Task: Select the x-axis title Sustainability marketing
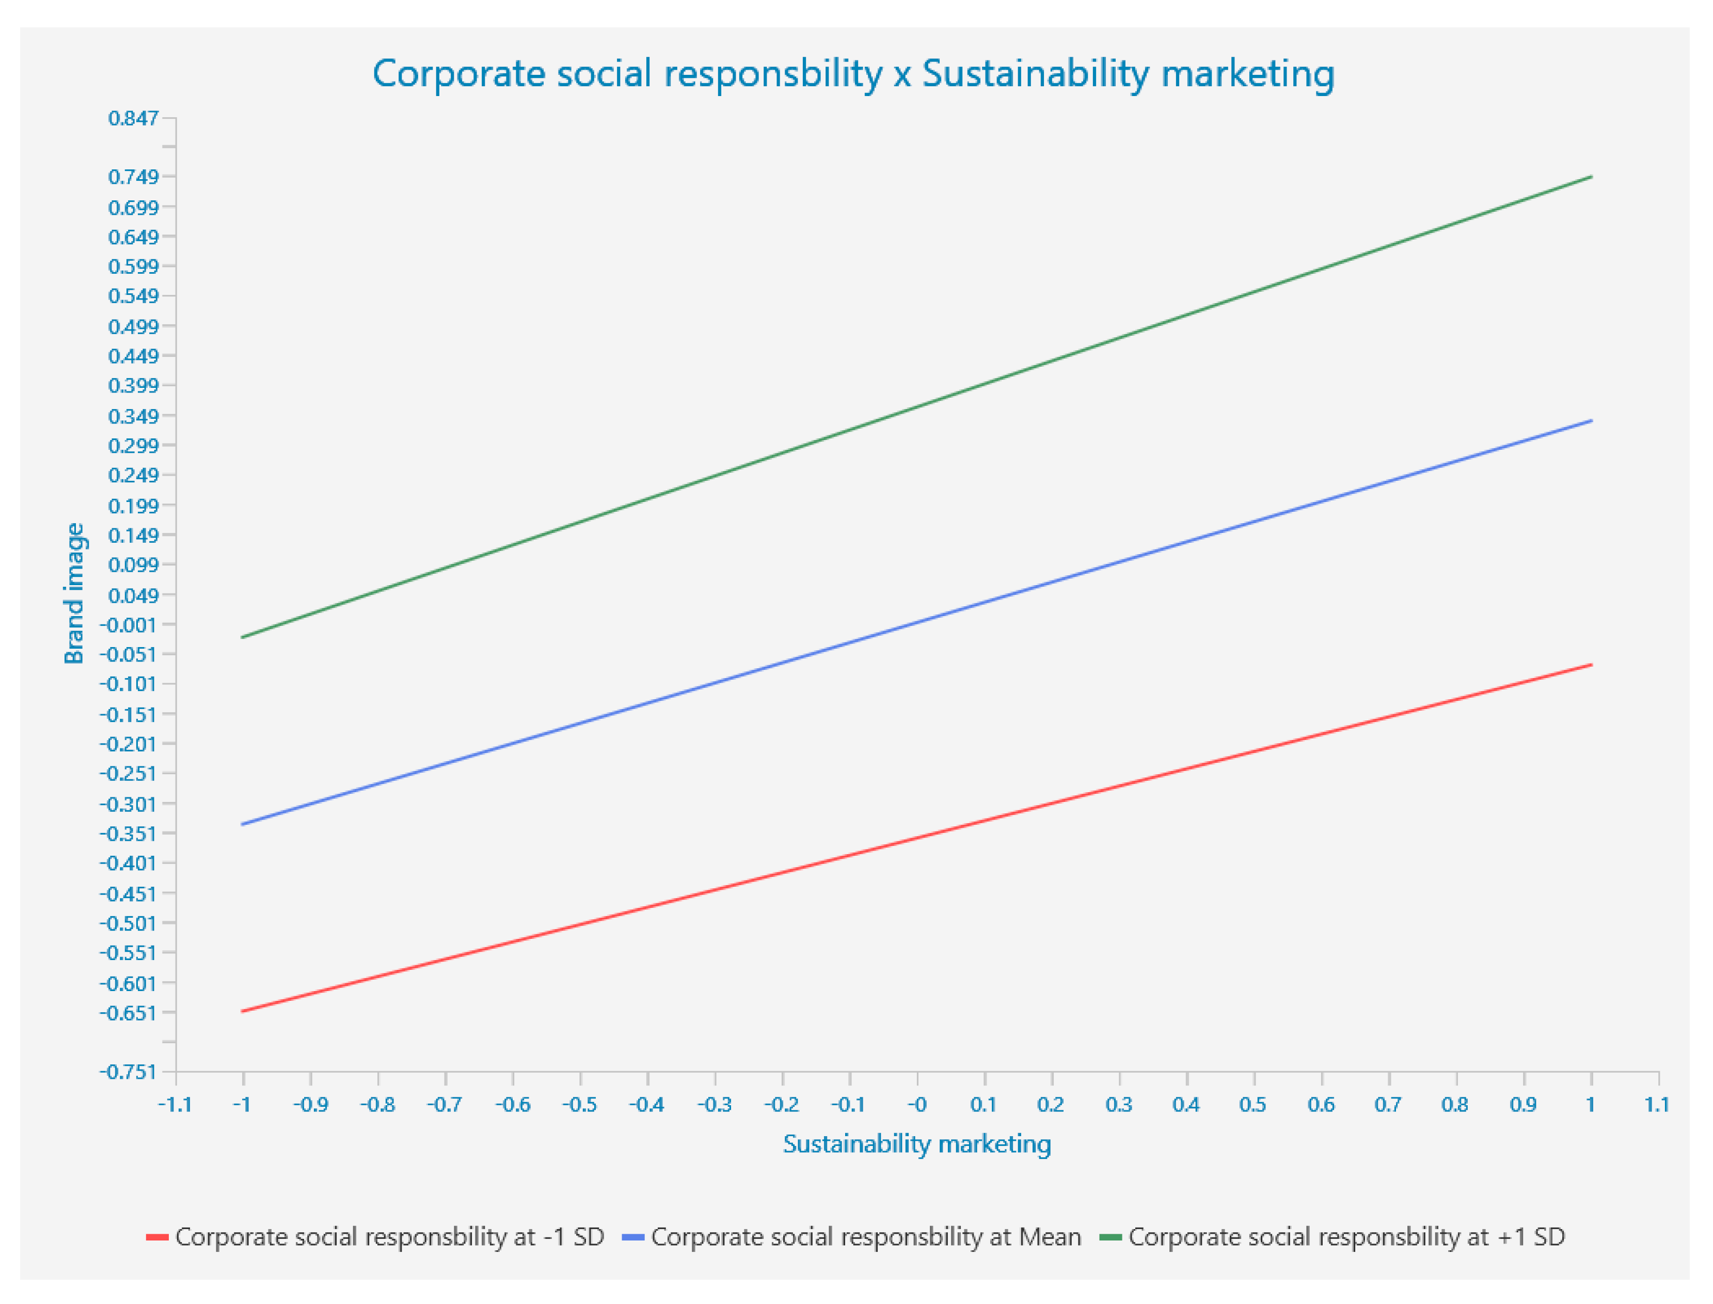[916, 1144]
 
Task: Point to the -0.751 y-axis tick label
[128, 1072]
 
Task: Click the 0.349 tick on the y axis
[133, 417]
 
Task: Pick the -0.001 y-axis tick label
[128, 625]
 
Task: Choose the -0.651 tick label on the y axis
[128, 1013]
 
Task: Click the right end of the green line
[1591, 177]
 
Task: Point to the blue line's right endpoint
[1591, 421]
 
